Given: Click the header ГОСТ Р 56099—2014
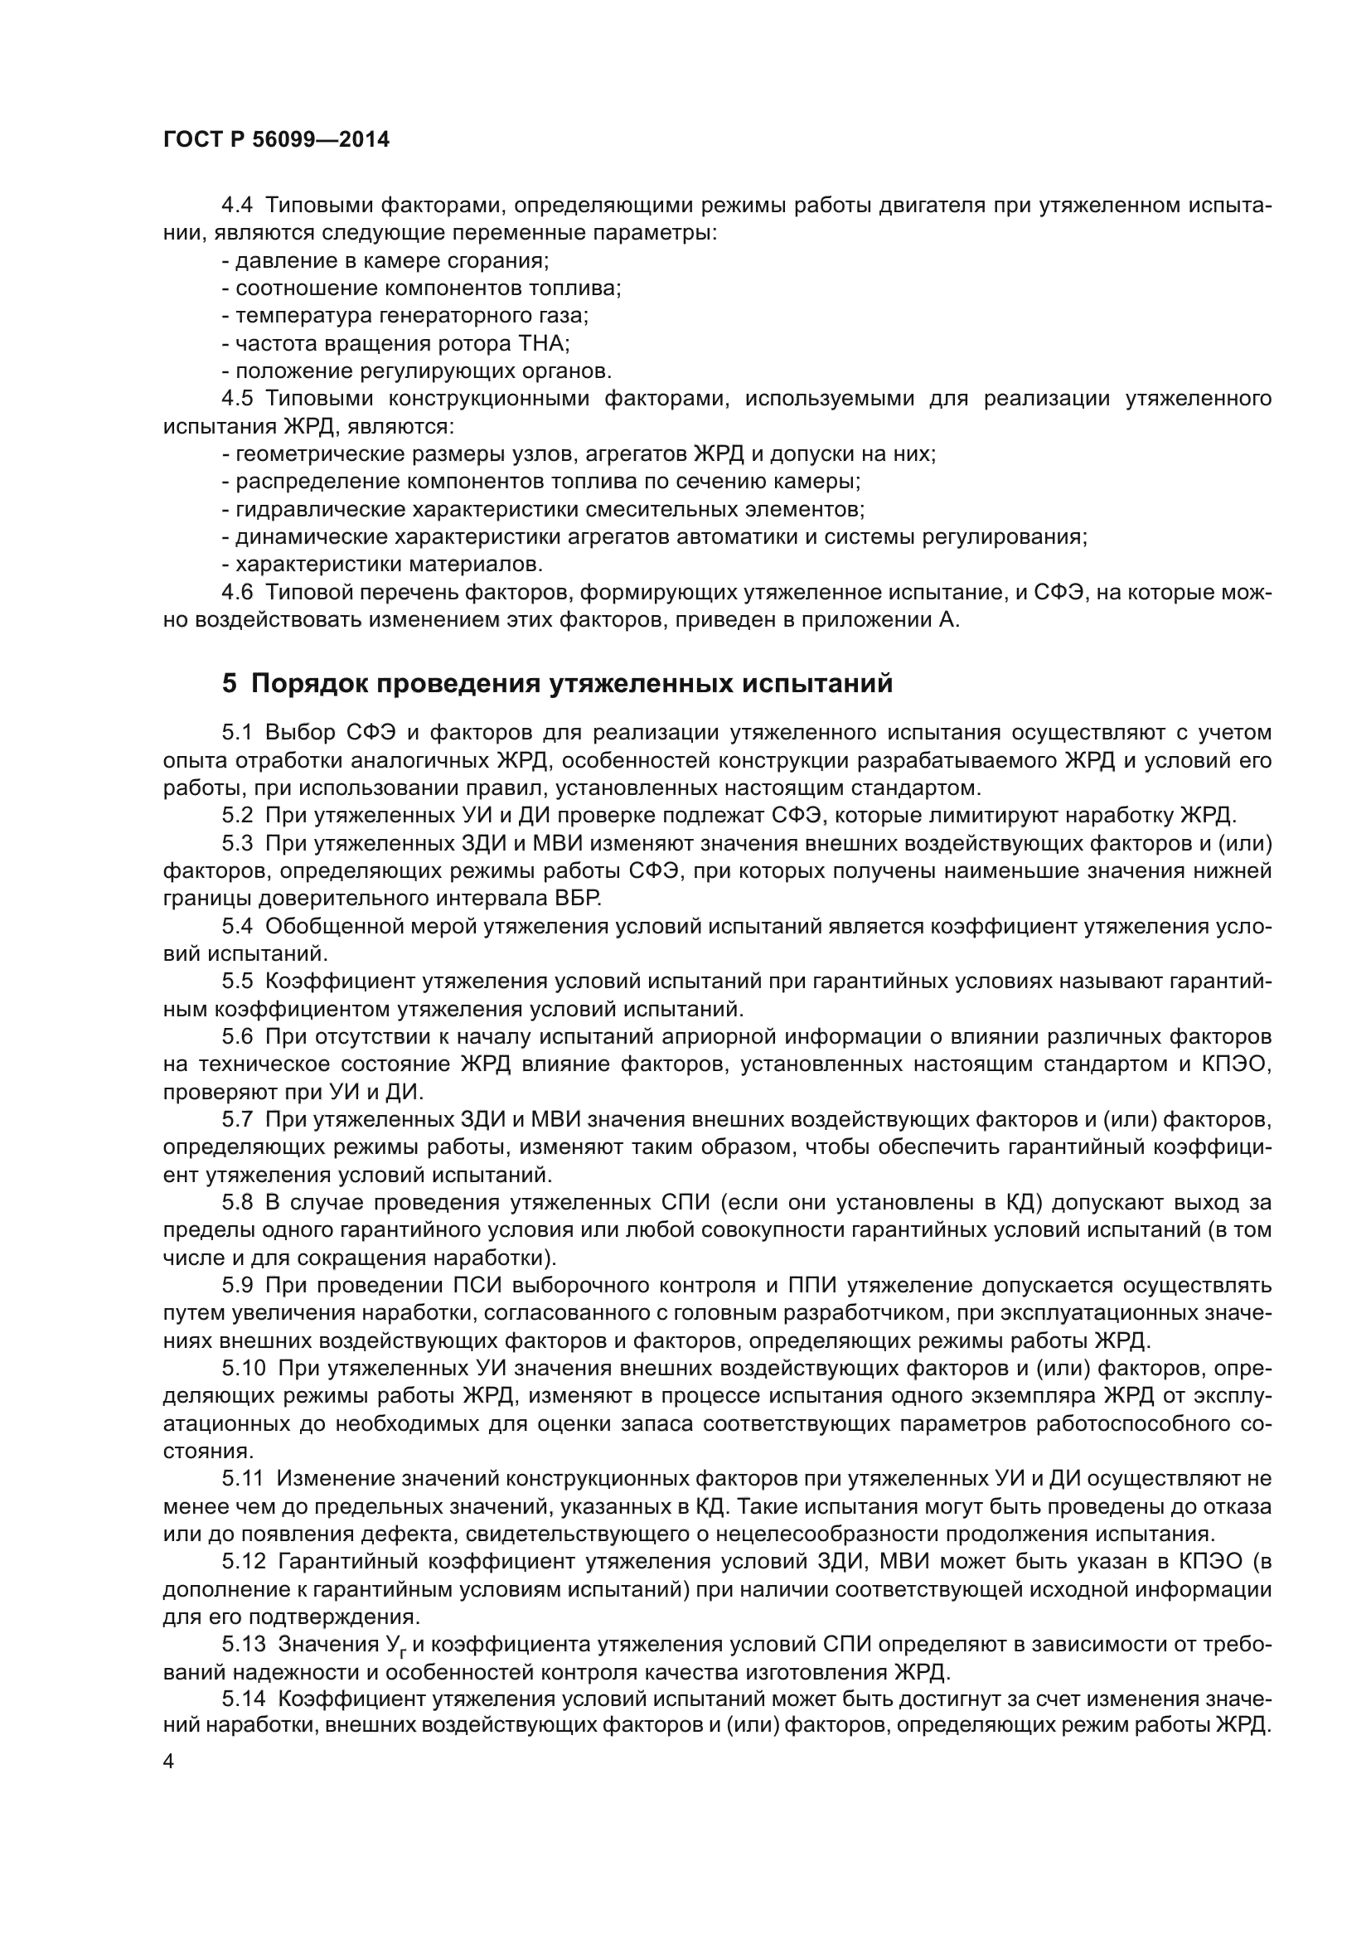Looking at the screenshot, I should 276,140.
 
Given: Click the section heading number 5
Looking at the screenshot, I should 229,682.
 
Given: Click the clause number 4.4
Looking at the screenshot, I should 237,206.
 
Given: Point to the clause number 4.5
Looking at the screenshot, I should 237,399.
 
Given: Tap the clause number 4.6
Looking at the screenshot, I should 237,592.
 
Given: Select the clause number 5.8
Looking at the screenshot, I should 237,1202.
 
